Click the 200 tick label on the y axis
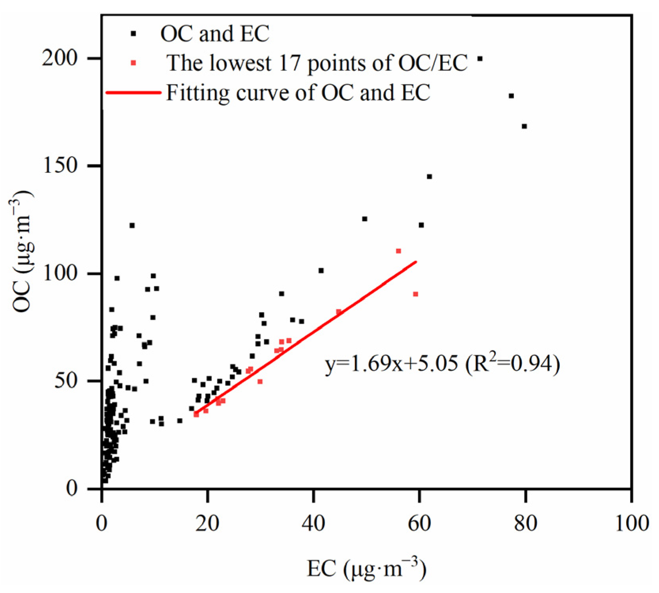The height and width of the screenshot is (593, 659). pyautogui.click(x=59, y=58)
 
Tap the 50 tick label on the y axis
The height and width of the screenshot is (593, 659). pyautogui.click(x=66, y=381)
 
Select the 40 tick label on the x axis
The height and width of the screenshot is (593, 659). pyautogui.click(x=313, y=523)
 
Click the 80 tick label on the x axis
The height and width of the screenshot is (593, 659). pyautogui.click(x=525, y=523)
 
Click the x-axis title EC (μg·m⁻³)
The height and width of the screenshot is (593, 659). pyautogui.click(x=366, y=568)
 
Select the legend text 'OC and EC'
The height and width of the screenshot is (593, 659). pyautogui.click(x=215, y=34)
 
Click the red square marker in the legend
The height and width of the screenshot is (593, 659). pyautogui.click(x=133, y=63)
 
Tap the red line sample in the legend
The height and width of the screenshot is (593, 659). pyautogui.click(x=134, y=93)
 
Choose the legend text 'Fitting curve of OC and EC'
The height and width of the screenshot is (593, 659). pyautogui.click(x=298, y=93)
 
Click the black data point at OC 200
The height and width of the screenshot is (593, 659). pyautogui.click(x=480, y=59)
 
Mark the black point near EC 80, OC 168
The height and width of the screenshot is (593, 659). pyautogui.click(x=524, y=127)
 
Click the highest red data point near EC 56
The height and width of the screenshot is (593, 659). pyautogui.click(x=398, y=251)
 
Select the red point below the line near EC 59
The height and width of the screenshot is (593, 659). pyautogui.click(x=415, y=294)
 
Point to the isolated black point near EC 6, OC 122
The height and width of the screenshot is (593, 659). pyautogui.click(x=132, y=225)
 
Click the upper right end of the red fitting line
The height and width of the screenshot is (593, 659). pyautogui.click(x=416, y=262)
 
